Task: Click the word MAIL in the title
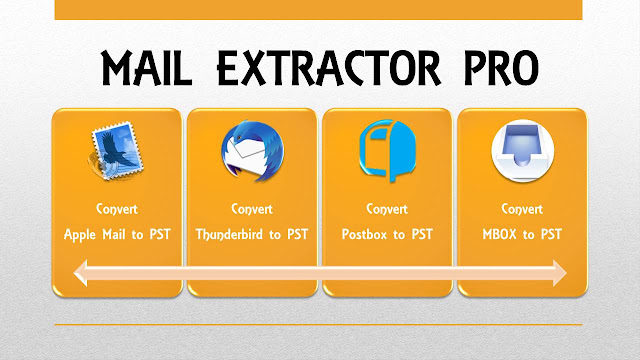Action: click(x=146, y=67)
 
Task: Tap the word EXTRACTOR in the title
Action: click(x=329, y=68)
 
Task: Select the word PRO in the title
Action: click(x=501, y=68)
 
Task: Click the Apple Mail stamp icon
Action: click(x=116, y=151)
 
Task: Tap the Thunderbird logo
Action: click(x=252, y=151)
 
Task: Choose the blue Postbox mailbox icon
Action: click(x=387, y=150)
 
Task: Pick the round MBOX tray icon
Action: click(x=522, y=151)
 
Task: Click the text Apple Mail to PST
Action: click(x=117, y=235)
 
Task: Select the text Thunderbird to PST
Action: click(x=252, y=234)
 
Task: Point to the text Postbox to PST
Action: click(x=387, y=234)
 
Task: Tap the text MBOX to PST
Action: click(x=522, y=234)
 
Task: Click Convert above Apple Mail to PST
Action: click(x=117, y=209)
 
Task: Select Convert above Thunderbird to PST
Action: click(x=252, y=209)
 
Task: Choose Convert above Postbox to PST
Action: click(x=387, y=209)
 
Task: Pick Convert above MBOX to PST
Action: click(x=522, y=209)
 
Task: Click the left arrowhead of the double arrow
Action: click(x=80, y=273)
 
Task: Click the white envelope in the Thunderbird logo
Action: click(x=246, y=154)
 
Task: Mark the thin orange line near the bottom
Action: click(x=318, y=325)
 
